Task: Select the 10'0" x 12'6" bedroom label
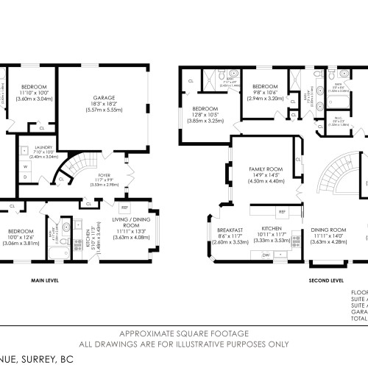tap(18, 236)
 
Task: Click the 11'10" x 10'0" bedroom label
tap(35, 88)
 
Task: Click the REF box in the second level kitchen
tap(281, 212)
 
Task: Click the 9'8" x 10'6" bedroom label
tap(264, 88)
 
